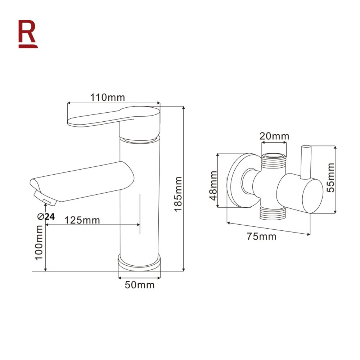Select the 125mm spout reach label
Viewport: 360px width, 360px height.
(x=82, y=220)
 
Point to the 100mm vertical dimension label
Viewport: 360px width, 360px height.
(x=39, y=242)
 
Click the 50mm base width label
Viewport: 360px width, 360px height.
(x=139, y=285)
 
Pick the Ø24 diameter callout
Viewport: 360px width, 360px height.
(x=45, y=216)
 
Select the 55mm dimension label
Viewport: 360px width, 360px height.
(x=330, y=177)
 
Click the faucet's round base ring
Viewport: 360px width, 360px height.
(x=139, y=262)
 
